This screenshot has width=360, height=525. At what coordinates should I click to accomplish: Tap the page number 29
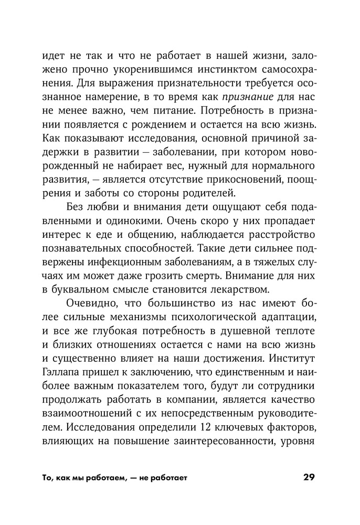click(309, 478)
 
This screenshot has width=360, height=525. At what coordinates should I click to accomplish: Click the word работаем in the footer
click(94, 479)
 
